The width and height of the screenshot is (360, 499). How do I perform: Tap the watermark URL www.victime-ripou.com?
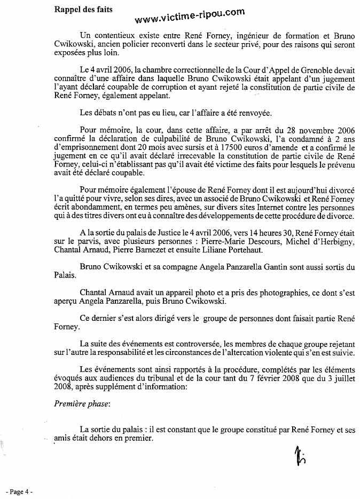click(190, 16)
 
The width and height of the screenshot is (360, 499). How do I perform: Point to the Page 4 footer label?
click(19, 491)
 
